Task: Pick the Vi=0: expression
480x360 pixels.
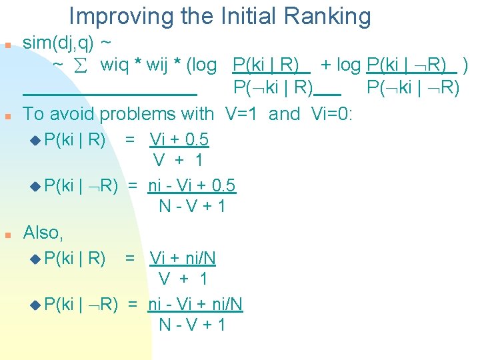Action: pos(331,114)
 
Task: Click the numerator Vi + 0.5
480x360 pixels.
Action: pos(179,140)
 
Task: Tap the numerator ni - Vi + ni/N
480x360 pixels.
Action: pos(195,305)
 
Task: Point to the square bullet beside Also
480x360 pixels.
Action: pos(6,235)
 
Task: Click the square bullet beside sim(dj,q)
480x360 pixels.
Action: pos(6,45)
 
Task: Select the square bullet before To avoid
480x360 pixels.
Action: pos(6,116)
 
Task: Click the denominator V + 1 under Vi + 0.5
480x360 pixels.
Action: pos(178,160)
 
